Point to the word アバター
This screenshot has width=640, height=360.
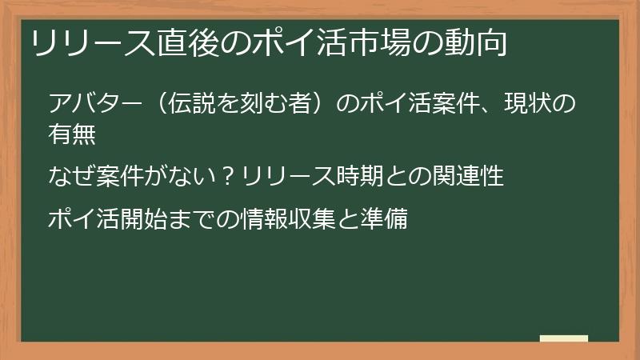(95, 105)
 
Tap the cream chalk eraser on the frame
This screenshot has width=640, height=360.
(564, 338)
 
